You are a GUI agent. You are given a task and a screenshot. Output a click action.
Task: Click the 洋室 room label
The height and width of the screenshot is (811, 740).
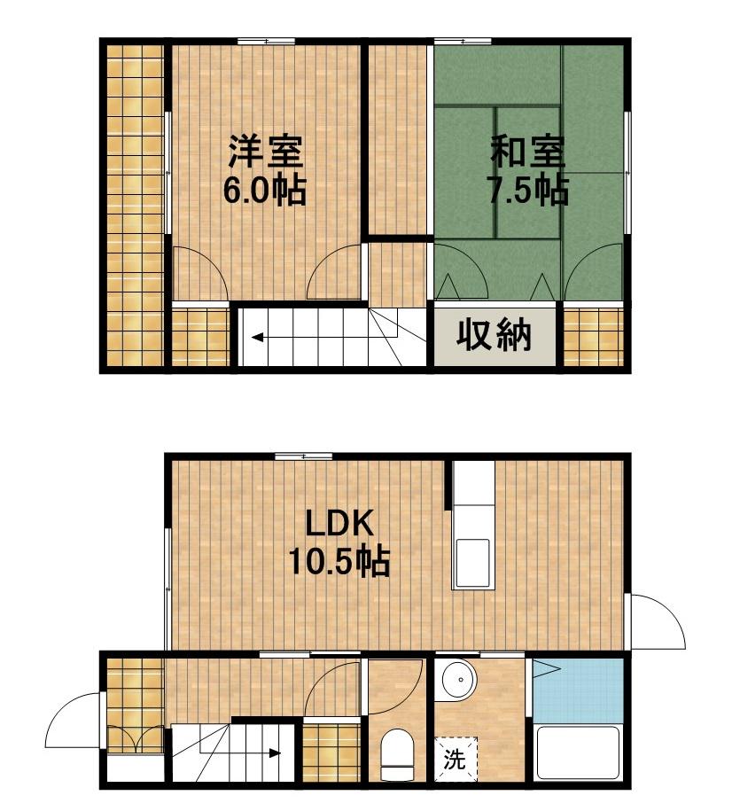[266, 152]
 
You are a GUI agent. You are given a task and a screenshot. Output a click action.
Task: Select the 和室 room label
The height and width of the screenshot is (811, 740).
[528, 152]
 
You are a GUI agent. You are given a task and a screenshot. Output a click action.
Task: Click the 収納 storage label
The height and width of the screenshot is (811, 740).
[494, 336]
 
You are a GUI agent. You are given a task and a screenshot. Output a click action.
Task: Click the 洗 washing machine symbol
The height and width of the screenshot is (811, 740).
[454, 760]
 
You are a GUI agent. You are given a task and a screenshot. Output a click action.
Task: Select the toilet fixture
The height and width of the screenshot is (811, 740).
[396, 753]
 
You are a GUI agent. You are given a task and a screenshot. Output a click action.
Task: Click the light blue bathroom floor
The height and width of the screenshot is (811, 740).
[577, 691]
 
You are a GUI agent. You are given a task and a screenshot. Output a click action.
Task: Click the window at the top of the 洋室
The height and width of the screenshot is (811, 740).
[267, 40]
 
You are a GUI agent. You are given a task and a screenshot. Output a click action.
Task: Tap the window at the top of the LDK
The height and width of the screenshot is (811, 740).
[303, 456]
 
